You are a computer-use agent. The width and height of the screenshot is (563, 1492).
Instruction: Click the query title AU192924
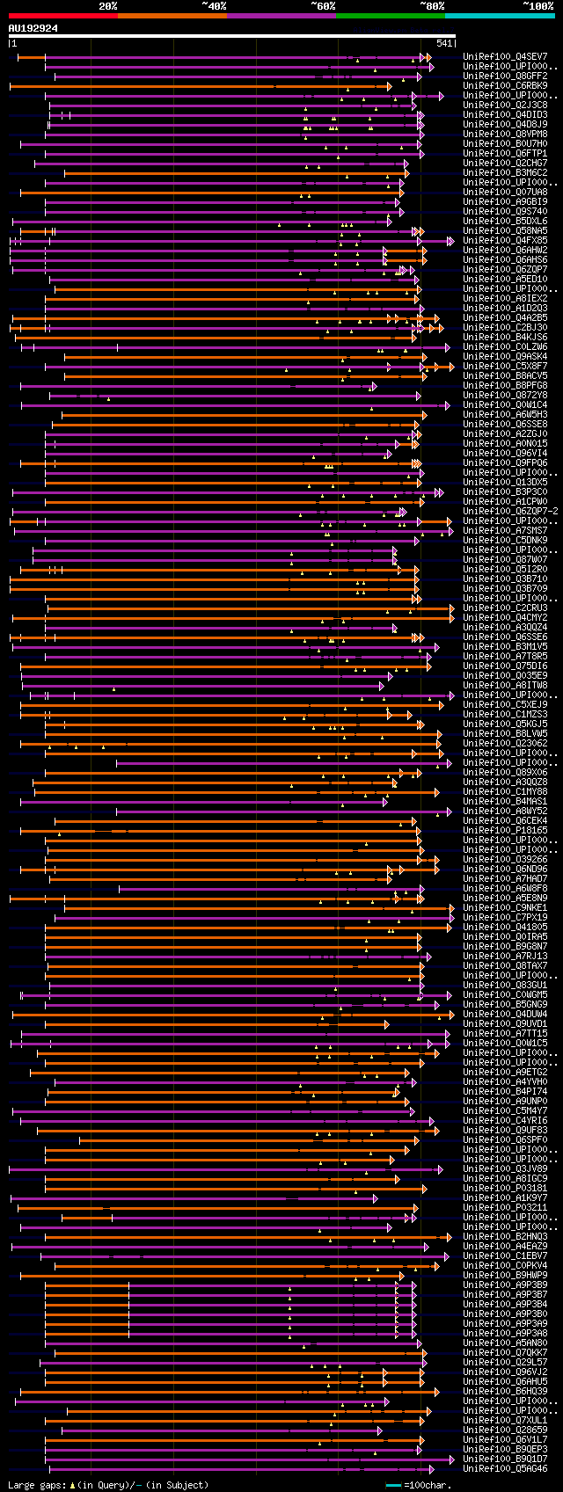33,28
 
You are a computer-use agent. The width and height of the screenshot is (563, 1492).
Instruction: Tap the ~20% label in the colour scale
107,6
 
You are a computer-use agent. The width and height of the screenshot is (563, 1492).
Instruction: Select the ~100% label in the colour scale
537,6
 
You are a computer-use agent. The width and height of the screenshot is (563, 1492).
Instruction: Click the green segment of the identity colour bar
390,15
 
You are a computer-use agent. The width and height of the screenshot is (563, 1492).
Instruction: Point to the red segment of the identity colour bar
62,15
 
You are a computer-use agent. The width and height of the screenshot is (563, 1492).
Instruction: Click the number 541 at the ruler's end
444,43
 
